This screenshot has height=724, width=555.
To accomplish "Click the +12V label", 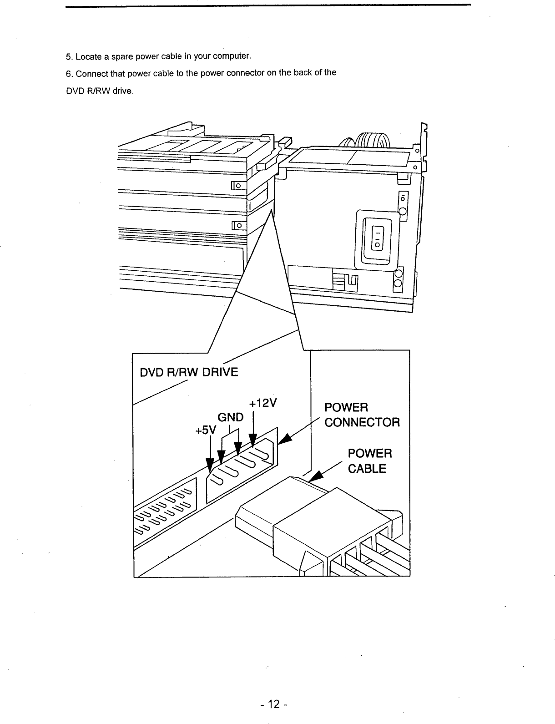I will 263,404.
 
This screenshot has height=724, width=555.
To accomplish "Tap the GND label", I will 231,417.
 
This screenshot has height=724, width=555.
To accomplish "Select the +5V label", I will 205,430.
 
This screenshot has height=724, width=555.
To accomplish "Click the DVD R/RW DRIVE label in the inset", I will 189,372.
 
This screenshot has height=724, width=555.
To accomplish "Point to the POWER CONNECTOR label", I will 362,415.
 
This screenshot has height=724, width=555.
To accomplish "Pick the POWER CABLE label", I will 369,461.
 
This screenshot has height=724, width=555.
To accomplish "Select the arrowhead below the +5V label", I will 210,465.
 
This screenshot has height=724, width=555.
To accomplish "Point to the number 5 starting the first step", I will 68,57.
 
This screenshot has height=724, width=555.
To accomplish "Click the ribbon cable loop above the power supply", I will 368,139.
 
